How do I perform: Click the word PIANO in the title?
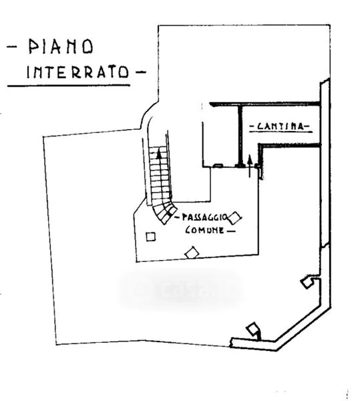pos(61,47)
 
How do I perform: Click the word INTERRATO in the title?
pos(77,72)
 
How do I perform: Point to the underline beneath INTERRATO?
pos(69,86)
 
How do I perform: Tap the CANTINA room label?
pos(281,126)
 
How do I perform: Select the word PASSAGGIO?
pos(204,217)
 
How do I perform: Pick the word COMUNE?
pos(204,230)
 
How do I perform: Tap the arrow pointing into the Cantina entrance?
pos(250,166)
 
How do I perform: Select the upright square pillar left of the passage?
pos(150,237)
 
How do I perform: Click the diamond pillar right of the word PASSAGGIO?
pos(234,218)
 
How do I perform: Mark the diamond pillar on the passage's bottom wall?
pos(192,253)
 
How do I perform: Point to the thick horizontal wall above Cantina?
pos(265,104)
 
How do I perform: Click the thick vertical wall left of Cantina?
pos(240,136)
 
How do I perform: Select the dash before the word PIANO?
pos(12,47)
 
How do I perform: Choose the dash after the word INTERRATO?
pos(140,72)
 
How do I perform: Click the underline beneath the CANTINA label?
pos(281,132)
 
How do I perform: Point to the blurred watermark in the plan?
pos(180,288)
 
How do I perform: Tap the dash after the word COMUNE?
pos(230,231)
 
